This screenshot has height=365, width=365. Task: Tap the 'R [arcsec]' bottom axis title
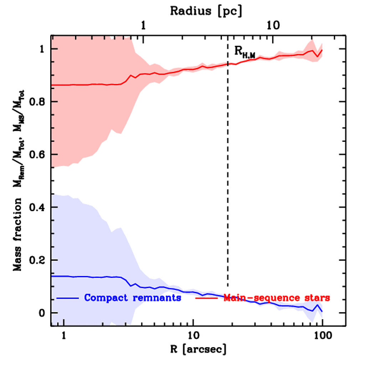coord(193,349)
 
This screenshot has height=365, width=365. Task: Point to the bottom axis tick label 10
coord(193,335)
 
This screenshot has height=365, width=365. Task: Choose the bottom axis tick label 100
coord(322,335)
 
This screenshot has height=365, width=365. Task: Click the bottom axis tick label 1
coord(64,335)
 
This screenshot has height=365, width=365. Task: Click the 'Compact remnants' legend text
coord(133,298)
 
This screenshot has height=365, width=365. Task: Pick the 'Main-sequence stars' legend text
coord(277,298)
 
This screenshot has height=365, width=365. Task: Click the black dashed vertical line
coord(228,178)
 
